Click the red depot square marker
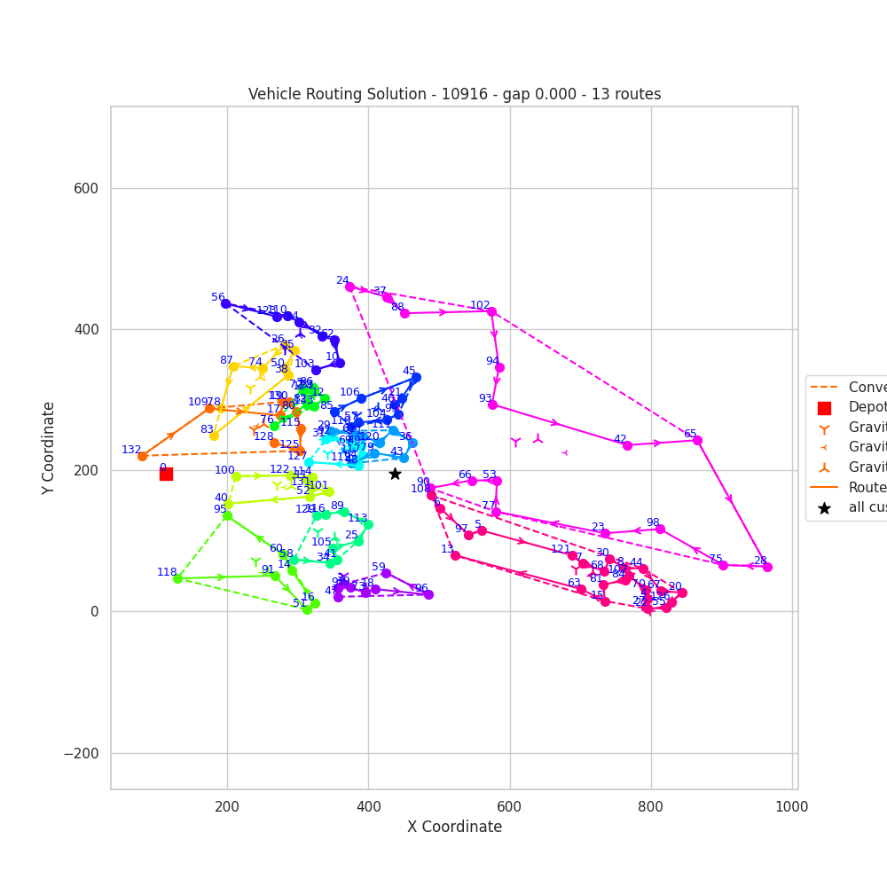(166, 474)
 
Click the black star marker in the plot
(395, 474)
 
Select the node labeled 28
(767, 567)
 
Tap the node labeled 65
(697, 440)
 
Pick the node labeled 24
(349, 287)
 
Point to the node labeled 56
(225, 303)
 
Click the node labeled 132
(142, 456)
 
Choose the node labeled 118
(177, 578)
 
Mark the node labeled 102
(491, 311)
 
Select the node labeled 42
(627, 445)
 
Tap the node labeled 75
(723, 565)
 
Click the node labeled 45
(416, 377)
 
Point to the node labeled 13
(455, 555)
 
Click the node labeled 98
(660, 529)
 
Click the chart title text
(454, 94)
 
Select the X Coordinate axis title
(454, 827)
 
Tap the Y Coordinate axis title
(48, 447)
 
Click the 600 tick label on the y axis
(86, 188)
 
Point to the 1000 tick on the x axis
(791, 806)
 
